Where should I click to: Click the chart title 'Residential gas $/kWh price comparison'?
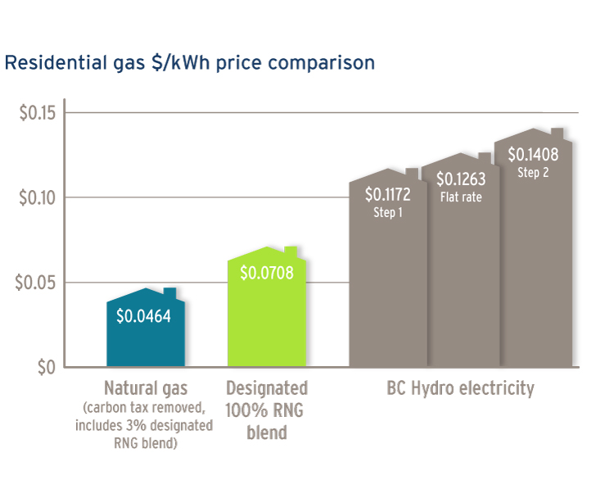190,63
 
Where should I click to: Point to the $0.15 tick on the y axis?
37,112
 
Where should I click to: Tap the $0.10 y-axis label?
37,197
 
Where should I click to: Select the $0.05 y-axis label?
37,283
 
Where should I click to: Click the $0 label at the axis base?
45,367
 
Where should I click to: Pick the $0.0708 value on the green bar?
267,273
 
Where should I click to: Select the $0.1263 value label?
461,179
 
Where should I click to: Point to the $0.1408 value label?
533,154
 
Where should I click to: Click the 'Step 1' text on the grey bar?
387,212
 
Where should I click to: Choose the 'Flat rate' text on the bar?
461,197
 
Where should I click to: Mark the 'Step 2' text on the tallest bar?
533,172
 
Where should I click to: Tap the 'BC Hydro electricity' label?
460,388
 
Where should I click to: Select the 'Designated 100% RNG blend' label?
267,410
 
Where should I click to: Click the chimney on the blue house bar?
169,293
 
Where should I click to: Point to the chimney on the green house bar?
291,251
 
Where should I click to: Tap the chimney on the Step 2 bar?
558,134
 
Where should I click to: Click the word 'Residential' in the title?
52,63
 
